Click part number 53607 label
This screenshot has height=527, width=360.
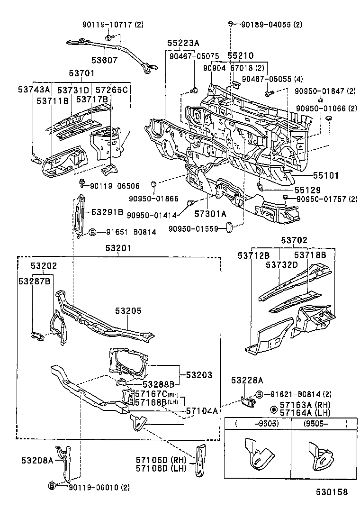tap(106, 61)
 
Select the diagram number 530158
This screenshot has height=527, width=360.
tap(332, 492)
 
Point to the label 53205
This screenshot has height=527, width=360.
tap(128, 311)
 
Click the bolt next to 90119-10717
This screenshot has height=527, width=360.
tap(109, 37)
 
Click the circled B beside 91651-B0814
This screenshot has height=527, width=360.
tap(93, 232)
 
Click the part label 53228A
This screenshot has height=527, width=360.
tap(247, 380)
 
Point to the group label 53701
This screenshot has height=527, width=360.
tap(81, 73)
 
